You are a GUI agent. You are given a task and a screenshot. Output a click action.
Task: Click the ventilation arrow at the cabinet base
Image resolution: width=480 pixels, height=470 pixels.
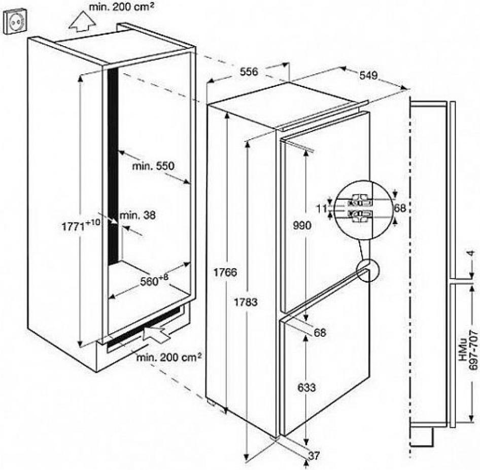click(x=157, y=334)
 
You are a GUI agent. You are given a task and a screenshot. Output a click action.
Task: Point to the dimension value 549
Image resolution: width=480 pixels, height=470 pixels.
click(x=369, y=76)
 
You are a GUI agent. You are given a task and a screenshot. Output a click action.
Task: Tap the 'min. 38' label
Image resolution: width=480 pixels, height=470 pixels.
click(x=138, y=215)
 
